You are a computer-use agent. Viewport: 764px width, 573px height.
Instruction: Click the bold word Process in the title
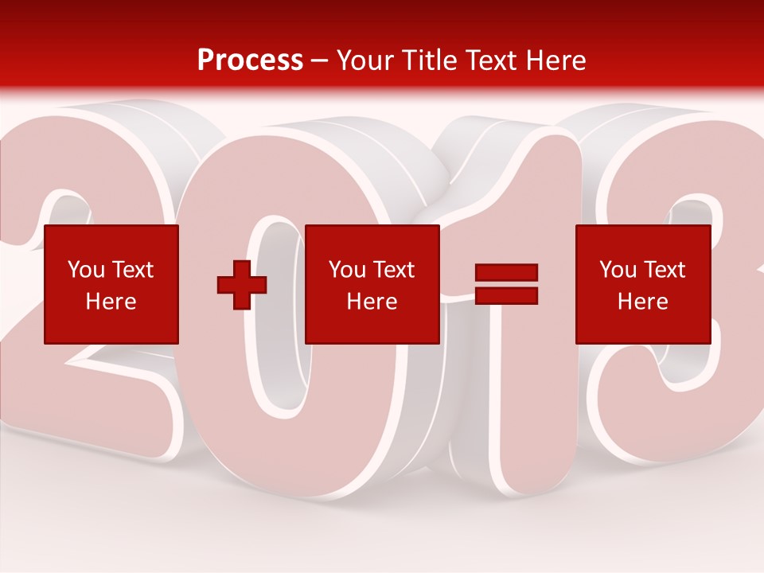coord(250,60)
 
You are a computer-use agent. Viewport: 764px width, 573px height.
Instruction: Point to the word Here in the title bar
coord(556,60)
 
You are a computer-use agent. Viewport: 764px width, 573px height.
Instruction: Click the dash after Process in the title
coord(320,61)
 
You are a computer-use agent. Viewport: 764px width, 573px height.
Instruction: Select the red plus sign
coord(242,285)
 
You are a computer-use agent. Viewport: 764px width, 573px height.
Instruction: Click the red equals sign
coord(506,284)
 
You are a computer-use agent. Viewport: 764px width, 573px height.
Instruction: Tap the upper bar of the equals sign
coord(506,273)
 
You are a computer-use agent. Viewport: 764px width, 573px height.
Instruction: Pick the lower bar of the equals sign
coord(506,296)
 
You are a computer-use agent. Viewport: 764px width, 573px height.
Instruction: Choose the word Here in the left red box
coord(111,302)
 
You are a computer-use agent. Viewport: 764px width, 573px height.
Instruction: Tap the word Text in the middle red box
coord(394,270)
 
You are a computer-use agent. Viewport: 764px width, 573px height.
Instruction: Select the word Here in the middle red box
coord(372,302)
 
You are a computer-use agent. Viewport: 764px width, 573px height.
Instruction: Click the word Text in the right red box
coord(665,270)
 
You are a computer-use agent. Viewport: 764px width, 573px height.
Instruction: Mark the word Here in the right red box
coord(642,302)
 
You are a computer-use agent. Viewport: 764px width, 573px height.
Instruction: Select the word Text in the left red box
coord(133,270)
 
